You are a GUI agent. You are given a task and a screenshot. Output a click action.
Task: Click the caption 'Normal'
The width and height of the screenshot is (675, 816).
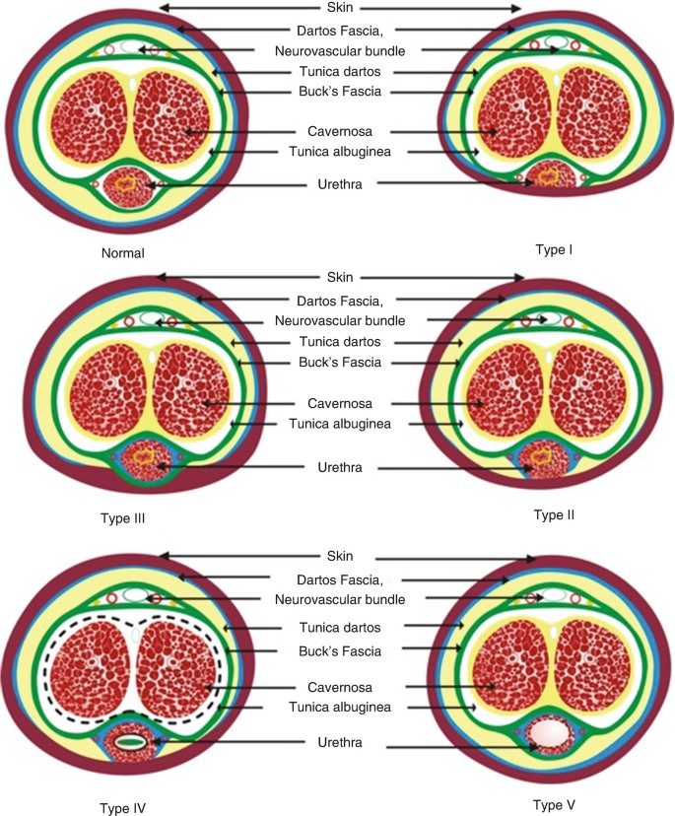(x=123, y=253)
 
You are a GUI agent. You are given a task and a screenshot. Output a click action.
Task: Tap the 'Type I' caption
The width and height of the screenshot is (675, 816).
(x=557, y=249)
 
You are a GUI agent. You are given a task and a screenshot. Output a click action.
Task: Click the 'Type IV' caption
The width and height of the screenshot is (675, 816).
(x=121, y=807)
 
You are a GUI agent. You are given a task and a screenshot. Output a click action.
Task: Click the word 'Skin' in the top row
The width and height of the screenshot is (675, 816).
(x=341, y=9)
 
